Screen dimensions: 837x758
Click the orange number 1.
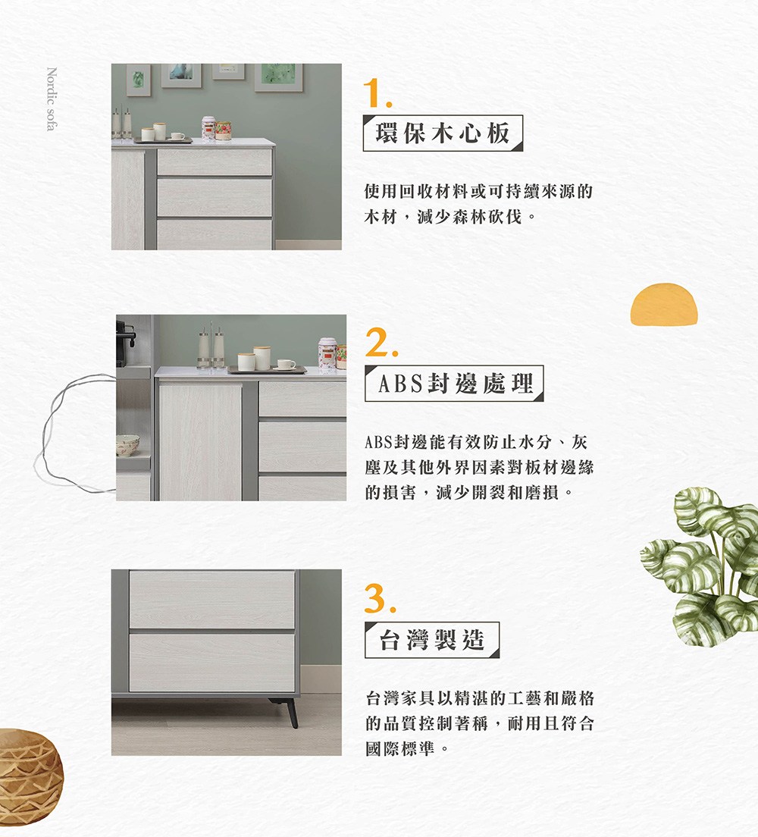click(377, 94)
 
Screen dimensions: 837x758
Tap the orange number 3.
click(380, 600)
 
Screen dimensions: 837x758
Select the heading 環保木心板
click(443, 133)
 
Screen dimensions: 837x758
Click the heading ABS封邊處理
click(453, 384)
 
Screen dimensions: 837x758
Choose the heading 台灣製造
click(431, 641)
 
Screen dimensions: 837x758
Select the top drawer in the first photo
click(214, 162)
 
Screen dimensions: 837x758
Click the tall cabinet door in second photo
click(200, 440)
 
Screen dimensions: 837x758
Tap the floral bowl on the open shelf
click(127, 444)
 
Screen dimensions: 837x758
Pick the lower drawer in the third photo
click(211, 662)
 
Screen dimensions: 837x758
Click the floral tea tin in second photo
click(327, 356)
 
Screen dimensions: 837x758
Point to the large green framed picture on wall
click(278, 77)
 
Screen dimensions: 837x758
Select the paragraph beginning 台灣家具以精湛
click(478, 723)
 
